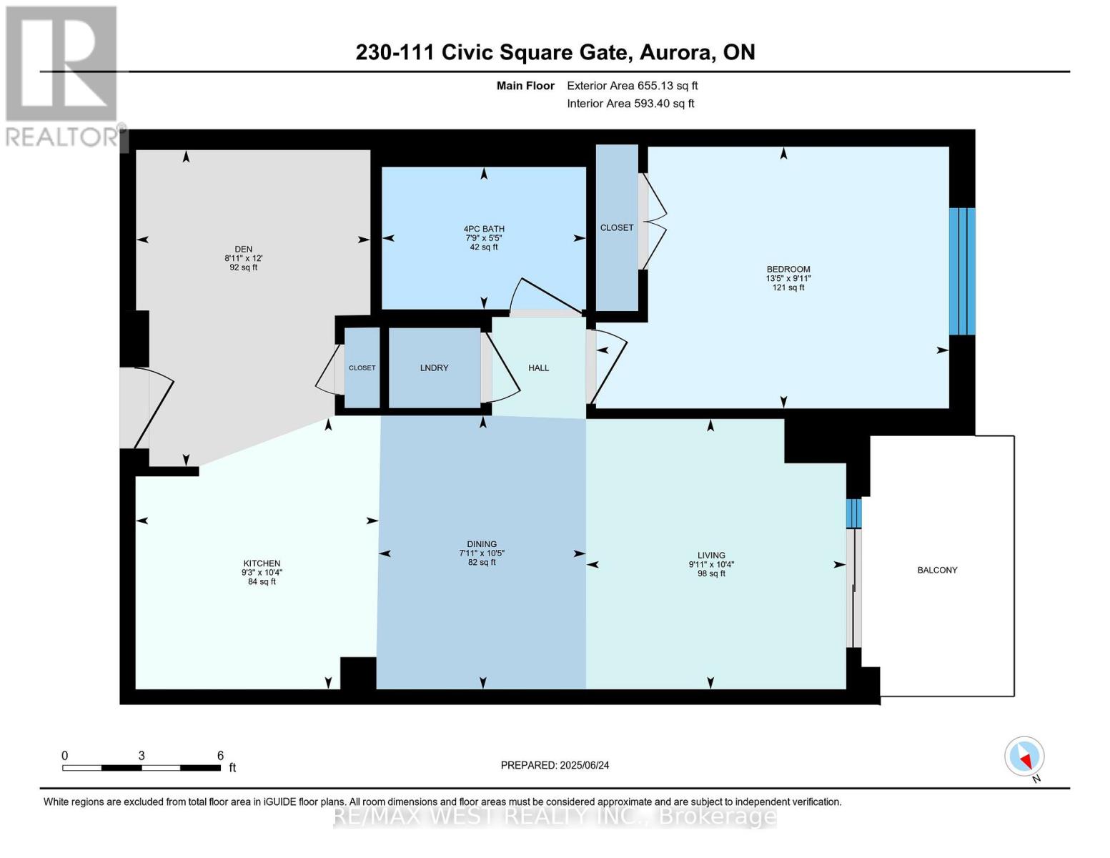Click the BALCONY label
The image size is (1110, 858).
tap(937, 570)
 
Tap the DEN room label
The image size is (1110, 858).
tap(244, 249)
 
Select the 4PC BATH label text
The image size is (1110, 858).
tap(484, 229)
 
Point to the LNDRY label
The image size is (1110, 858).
tap(434, 368)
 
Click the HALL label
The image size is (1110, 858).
tap(538, 368)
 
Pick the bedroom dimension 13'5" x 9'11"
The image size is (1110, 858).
tap(788, 279)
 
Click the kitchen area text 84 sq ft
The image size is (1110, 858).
tap(262, 581)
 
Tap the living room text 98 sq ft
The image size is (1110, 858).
tap(712, 573)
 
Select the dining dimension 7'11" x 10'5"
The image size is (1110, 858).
tap(482, 553)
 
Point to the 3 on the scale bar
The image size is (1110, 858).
tap(142, 755)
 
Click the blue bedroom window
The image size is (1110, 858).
tap(962, 272)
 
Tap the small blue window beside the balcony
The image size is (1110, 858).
tap(853, 513)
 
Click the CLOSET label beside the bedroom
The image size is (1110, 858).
tap(617, 227)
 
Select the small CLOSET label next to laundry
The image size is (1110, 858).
tap(362, 368)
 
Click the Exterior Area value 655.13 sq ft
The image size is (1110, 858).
tap(668, 86)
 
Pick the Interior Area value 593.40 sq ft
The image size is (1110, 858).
tap(664, 104)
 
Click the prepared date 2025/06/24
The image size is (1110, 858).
tap(585, 765)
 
